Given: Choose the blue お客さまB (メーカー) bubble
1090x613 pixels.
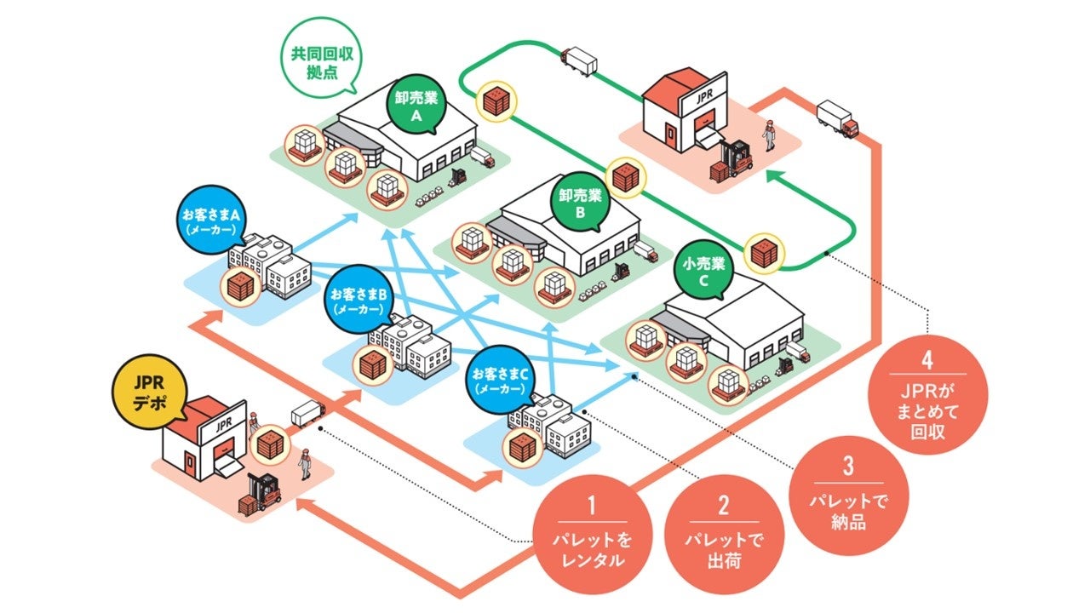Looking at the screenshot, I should [358, 301].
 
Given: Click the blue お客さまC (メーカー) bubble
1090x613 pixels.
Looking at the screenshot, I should [499, 379].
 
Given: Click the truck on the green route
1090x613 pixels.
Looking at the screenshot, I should [579, 61].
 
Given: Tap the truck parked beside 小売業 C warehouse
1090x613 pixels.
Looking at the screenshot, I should [797, 351].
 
